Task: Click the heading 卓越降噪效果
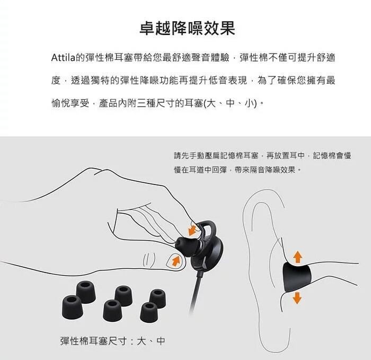[188, 28]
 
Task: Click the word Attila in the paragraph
[63, 57]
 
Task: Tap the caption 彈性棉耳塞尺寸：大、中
[112, 341]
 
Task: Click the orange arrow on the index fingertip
[192, 230]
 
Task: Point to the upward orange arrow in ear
[297, 257]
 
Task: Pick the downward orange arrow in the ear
[297, 298]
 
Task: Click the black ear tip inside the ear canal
[297, 277]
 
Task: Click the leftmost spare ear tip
[73, 307]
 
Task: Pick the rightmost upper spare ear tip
[157, 298]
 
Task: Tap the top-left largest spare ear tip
[86, 292]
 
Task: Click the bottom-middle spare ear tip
[112, 311]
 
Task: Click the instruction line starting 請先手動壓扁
[262, 155]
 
